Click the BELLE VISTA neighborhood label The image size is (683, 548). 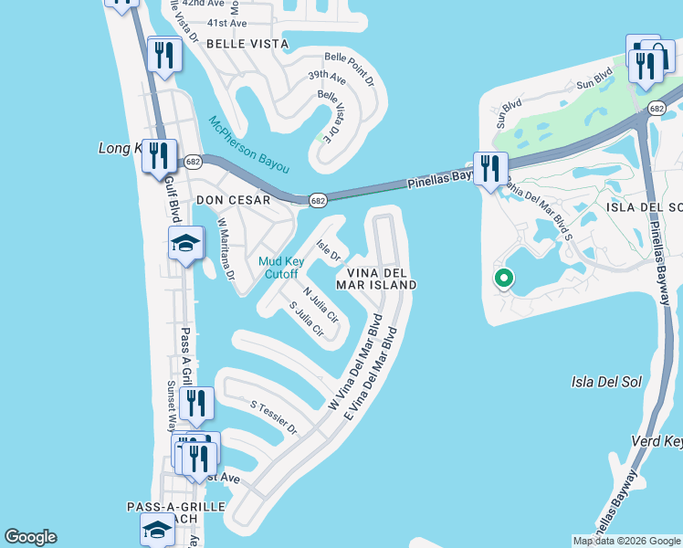point(247,43)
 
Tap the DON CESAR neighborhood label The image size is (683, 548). point(233,200)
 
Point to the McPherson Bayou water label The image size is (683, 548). point(248,144)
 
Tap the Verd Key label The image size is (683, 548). point(657,441)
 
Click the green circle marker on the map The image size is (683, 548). point(501,279)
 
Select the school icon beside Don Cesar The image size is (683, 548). point(184,244)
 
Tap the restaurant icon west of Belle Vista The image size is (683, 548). point(164,55)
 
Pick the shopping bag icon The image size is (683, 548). point(657,57)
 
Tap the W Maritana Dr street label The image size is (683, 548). point(226,248)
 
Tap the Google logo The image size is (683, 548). point(30,537)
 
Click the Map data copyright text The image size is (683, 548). point(626,541)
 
